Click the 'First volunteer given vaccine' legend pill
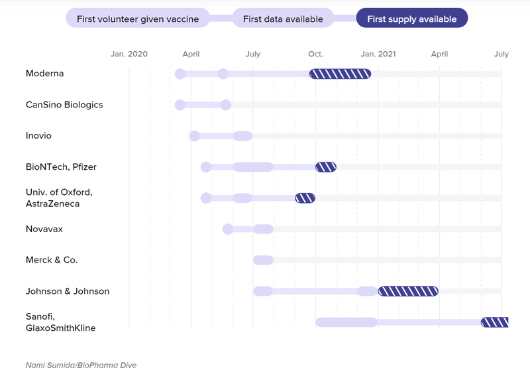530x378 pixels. [137, 19]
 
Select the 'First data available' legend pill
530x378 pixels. [283, 19]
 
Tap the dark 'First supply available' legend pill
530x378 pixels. [411, 19]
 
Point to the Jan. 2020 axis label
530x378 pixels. [129, 54]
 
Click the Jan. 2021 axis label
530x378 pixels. [378, 54]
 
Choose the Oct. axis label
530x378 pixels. [315, 54]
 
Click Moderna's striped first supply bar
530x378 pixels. [340, 74]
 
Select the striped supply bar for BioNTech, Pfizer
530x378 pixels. [325, 167]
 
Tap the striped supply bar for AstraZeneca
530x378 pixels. [305, 198]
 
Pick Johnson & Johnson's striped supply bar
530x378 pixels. [408, 291]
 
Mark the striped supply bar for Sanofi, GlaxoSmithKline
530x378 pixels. [494, 322]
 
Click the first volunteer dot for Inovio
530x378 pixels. [194, 136]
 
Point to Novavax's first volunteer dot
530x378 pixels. [227, 229]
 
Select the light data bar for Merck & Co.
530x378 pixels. [263, 260]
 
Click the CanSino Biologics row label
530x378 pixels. [64, 105]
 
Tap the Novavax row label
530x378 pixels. [44, 229]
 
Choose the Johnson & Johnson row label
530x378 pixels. [68, 291]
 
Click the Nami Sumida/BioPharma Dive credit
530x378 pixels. [81, 365]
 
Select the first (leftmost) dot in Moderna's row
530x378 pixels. [180, 74]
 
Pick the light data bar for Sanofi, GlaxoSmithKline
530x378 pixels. [346, 322]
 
